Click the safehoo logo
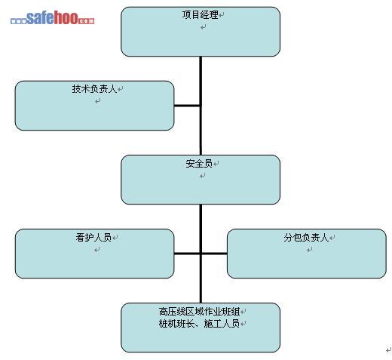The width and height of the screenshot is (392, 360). (x=52, y=17)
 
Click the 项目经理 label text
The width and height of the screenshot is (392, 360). (x=201, y=15)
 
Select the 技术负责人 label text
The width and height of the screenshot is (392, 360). (x=94, y=89)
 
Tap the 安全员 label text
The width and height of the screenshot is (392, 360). (x=199, y=164)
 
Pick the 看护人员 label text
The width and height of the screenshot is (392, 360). (x=93, y=237)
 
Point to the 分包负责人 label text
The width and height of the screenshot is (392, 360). (x=306, y=237)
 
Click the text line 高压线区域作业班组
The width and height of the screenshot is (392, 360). (x=199, y=312)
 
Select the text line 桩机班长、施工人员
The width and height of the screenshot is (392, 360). (x=199, y=323)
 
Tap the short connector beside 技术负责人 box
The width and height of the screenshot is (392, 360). (x=187, y=106)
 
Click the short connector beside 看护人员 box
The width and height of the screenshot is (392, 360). (x=187, y=254)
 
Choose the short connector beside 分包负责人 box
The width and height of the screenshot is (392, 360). (x=214, y=254)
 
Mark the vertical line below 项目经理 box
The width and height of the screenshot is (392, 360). (x=201, y=106)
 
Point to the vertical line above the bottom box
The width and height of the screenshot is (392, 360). (x=201, y=254)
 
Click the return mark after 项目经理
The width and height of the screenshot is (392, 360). (x=222, y=15)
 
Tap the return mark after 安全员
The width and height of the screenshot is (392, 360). (x=216, y=164)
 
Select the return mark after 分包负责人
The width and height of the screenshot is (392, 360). (x=332, y=238)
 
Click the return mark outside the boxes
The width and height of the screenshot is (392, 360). (x=388, y=349)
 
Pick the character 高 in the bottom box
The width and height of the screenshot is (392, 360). (x=163, y=312)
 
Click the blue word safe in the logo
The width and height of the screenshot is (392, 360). (x=40, y=17)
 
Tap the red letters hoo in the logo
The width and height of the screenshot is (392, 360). (x=66, y=17)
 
